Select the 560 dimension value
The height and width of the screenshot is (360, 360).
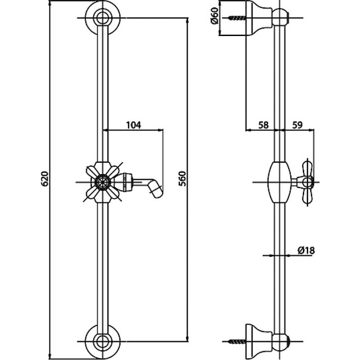[183, 179]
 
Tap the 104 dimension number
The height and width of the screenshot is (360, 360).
[133, 125]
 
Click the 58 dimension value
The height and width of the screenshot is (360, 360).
[263, 125]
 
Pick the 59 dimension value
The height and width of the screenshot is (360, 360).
[297, 125]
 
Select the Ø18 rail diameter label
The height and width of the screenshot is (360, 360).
[306, 250]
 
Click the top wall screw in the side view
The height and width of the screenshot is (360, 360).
[237, 18]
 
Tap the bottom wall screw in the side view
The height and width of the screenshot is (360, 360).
[237, 342]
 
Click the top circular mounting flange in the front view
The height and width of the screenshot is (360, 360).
[103, 18]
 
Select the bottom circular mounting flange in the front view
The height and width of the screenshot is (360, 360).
[103, 342]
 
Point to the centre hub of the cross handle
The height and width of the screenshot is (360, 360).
[103, 182]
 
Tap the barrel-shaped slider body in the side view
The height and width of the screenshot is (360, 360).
[279, 182]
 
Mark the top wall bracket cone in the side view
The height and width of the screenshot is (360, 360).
[259, 18]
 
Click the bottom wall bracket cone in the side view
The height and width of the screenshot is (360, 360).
[259, 342]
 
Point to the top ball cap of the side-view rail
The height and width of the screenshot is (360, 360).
[280, 17]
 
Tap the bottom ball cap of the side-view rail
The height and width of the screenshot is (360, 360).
[280, 342]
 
